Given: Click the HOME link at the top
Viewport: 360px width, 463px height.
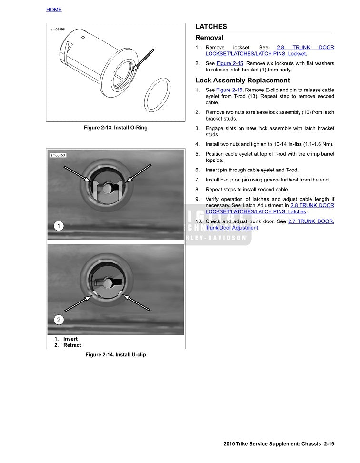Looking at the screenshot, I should point(54,10).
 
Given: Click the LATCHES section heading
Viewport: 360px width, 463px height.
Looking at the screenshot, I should point(211,27).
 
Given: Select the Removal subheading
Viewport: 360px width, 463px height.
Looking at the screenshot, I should point(209,38).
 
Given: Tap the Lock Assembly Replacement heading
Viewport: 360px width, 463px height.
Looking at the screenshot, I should point(242,81).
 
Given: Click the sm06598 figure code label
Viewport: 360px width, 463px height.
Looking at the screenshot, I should point(58,30).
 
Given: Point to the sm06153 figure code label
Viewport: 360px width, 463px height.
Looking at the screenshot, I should point(58,155).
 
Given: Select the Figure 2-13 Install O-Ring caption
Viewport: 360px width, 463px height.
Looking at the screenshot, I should point(115,128).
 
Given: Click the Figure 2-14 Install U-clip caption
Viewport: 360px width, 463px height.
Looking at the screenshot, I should point(115,355).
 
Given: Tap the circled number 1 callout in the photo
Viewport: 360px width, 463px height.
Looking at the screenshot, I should point(58,226).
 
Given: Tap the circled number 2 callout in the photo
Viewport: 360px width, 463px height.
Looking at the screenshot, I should point(58,320).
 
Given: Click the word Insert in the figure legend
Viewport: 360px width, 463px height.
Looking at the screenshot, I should point(70,339).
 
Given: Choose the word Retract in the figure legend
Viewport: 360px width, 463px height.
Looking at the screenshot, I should point(72,345).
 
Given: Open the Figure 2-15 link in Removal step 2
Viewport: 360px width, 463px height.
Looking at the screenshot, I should point(230,63).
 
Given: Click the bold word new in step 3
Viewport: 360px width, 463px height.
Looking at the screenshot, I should point(251,128).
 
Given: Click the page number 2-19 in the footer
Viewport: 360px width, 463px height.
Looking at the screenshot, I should point(329,444).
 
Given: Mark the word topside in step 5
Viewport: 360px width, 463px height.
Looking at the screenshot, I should point(215,161).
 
